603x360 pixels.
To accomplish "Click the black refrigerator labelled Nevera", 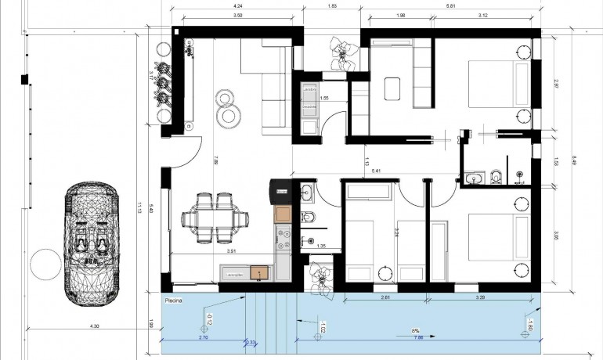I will pyautogui.click(x=281, y=191).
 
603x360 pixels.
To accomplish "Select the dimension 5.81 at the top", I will pyautogui.click(x=451, y=7).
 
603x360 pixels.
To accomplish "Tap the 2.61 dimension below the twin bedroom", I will pyautogui.click(x=385, y=298).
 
